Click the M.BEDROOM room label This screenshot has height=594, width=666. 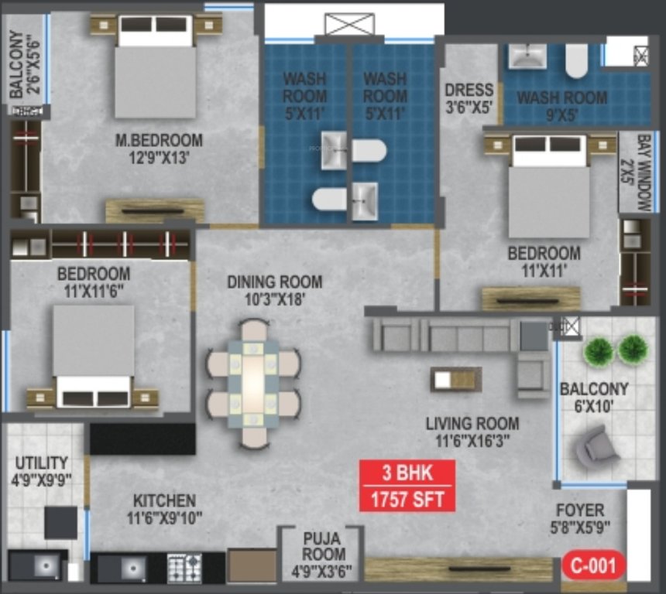point(158,141)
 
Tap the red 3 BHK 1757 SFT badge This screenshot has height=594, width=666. point(407,486)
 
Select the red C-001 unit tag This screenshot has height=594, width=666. point(593,565)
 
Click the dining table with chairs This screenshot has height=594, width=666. point(253,384)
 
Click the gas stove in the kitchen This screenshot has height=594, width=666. point(184,568)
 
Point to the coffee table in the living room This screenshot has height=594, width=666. point(456,379)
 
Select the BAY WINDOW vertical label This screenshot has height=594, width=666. point(643,173)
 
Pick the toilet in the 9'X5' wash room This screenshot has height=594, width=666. point(576,60)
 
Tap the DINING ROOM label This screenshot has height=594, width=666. point(274,282)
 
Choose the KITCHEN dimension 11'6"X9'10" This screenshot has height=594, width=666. point(163,518)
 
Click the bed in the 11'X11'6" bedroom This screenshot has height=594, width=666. point(94,353)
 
